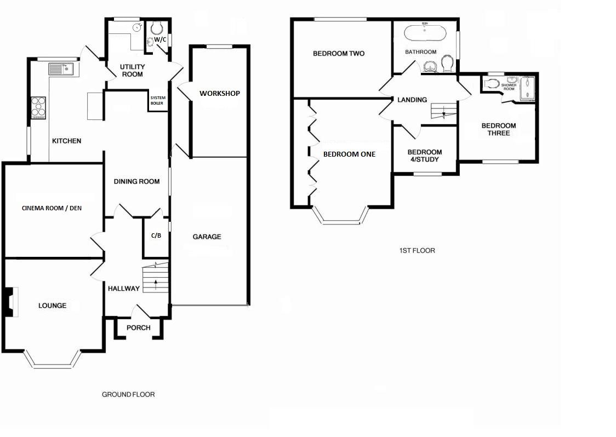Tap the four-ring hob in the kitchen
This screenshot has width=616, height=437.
[x=38, y=107]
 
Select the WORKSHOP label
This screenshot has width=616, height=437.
[x=220, y=94]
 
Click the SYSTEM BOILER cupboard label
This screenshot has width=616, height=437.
[x=157, y=101]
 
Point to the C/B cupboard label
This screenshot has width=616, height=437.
[x=156, y=235]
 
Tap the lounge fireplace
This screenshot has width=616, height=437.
[x=11, y=302]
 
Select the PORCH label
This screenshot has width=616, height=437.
[x=138, y=327]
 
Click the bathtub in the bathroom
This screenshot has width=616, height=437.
[x=425, y=33]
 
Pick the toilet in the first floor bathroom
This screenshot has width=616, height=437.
[x=447, y=64]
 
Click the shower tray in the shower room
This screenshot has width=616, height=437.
[x=527, y=89]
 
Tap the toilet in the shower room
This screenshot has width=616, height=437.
[x=491, y=84]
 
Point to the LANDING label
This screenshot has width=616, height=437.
[x=412, y=100]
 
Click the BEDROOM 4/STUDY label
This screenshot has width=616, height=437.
[x=425, y=156]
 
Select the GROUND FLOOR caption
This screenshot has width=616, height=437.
[x=128, y=395]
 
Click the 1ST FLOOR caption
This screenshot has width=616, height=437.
[x=417, y=250]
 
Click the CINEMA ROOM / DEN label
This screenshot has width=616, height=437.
[x=52, y=208]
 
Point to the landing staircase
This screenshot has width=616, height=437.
[x=444, y=111]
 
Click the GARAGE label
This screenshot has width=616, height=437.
[x=207, y=237]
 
